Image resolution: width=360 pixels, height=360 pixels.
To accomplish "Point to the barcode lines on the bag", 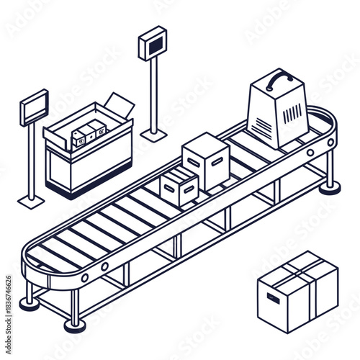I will [x=292, y=112].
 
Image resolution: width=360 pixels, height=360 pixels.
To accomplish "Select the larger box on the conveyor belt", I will [x=206, y=161].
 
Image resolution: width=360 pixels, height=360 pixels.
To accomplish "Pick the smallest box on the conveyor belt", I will [x=179, y=186].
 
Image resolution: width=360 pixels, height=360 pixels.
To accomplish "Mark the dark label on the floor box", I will [x=273, y=298].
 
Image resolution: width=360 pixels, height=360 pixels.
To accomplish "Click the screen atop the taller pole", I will [x=152, y=42].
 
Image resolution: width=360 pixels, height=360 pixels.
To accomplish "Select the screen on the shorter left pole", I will [x=34, y=108].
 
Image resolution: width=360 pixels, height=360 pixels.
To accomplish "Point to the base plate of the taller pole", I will [x=153, y=134].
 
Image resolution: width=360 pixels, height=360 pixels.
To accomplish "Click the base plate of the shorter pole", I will [x=32, y=199].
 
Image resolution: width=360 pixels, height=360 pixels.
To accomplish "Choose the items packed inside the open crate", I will [x=86, y=134].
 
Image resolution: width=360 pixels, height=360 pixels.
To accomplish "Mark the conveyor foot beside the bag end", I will [x=330, y=188].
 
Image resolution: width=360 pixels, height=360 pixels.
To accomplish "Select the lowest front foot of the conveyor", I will [x=75, y=325].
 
